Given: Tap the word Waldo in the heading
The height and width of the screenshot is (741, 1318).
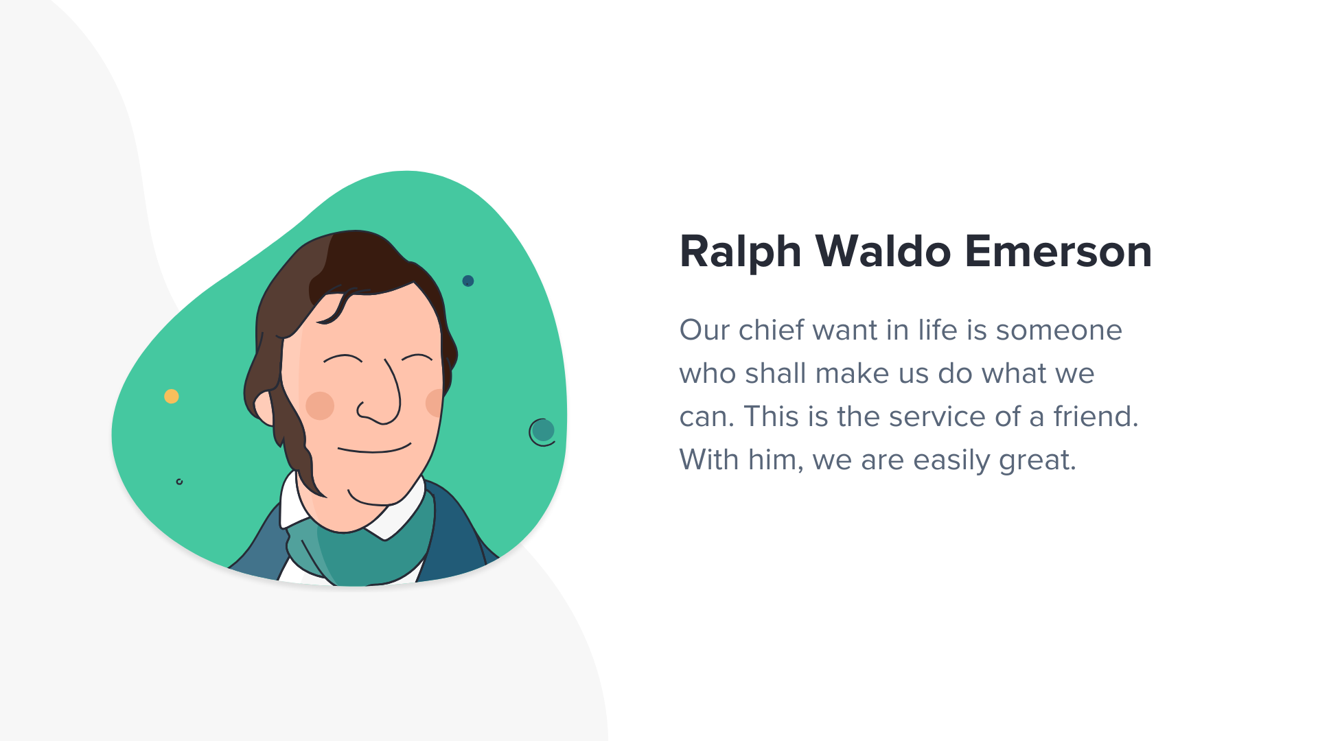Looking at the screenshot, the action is pyautogui.click(x=883, y=251).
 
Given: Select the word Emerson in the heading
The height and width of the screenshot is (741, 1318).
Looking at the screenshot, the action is pyautogui.click(x=1059, y=251).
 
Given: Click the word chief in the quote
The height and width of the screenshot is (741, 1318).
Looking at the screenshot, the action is pyautogui.click(x=771, y=330).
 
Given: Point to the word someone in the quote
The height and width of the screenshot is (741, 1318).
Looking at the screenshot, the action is pyautogui.click(x=1059, y=331).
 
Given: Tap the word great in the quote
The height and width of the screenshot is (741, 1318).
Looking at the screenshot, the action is pyautogui.click(x=1037, y=460).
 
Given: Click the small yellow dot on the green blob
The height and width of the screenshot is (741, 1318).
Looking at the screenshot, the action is pyautogui.click(x=172, y=397).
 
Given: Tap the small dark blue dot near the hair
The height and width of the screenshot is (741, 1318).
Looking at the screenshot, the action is pyautogui.click(x=468, y=281).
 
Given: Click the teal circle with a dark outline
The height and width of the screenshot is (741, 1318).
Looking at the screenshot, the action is pyautogui.click(x=542, y=432).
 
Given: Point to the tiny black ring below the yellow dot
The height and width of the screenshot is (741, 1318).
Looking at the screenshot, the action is pyautogui.click(x=180, y=482).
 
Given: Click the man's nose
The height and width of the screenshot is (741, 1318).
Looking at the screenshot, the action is pyautogui.click(x=380, y=398).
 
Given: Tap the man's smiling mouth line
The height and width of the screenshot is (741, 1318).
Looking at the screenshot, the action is pyautogui.click(x=374, y=449).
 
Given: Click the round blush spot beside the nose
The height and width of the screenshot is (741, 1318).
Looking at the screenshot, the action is pyautogui.click(x=320, y=405).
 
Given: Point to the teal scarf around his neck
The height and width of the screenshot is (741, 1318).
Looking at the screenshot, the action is pyautogui.click(x=364, y=549).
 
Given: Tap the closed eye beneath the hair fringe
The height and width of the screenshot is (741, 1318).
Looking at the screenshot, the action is pyautogui.click(x=343, y=358).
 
